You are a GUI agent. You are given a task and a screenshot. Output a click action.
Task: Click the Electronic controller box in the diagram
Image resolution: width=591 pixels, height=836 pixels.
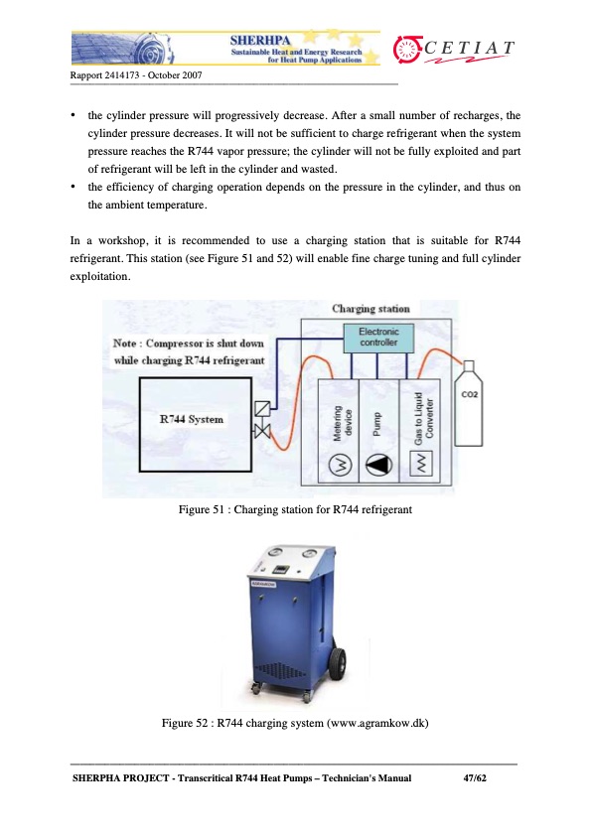pyautogui.click(x=378, y=338)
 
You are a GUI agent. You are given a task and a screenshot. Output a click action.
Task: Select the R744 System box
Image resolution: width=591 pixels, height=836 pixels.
pyautogui.click(x=192, y=419)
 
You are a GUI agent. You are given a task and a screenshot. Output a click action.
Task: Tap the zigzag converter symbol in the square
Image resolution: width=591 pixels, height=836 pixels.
pyautogui.click(x=418, y=464)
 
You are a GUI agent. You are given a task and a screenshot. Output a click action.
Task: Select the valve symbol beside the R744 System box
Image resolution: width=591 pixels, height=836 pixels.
pyautogui.click(x=262, y=419)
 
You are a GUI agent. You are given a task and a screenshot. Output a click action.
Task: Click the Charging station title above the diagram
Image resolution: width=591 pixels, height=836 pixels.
pyautogui.click(x=369, y=309)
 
